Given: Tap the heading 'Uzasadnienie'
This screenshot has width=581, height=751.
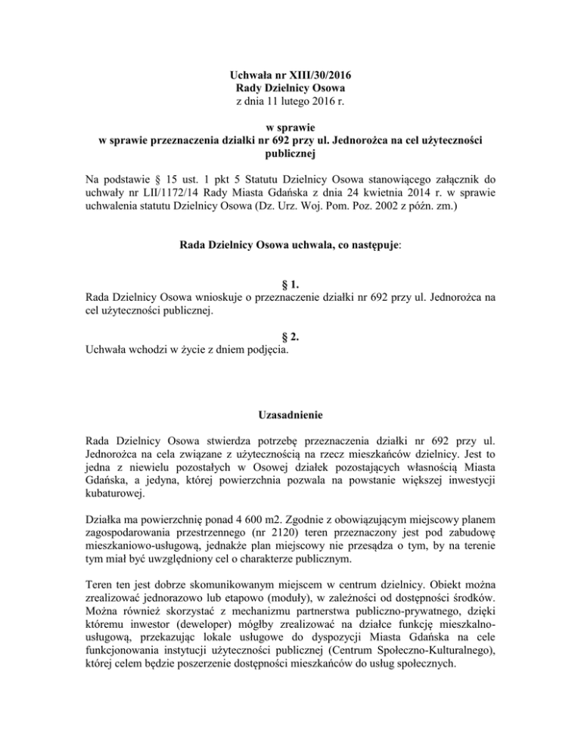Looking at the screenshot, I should pos(290,433).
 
